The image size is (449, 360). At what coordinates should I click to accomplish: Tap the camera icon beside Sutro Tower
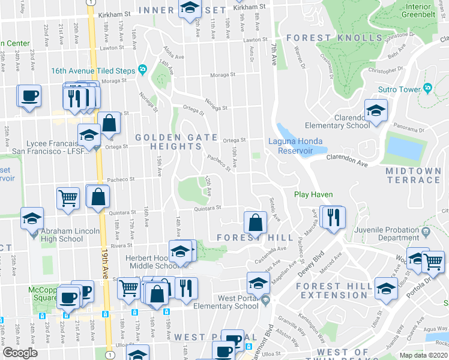tap(427, 89)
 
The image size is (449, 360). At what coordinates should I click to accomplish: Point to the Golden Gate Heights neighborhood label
tap(176, 142)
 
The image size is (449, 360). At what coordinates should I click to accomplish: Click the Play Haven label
tap(313, 194)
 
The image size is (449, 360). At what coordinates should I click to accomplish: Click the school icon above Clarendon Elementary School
tap(376, 110)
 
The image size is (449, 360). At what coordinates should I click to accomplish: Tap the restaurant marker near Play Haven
tap(331, 217)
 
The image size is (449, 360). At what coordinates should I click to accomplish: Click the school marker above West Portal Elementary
tap(258, 283)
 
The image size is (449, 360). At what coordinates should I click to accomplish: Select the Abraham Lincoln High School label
tap(54, 235)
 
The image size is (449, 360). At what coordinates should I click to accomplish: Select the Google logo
tap(20, 353)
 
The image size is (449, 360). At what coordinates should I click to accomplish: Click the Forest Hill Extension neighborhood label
tap(334, 290)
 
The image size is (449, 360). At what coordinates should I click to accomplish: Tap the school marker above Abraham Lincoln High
tap(32, 218)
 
